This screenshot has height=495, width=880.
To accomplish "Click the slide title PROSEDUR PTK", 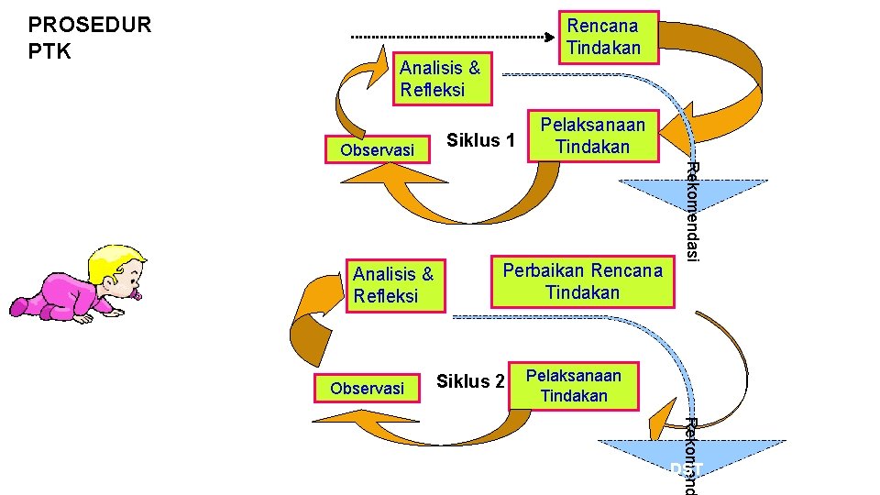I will [89, 36].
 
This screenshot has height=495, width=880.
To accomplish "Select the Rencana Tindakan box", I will [603, 37].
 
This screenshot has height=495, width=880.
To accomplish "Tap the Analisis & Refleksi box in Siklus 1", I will [440, 79].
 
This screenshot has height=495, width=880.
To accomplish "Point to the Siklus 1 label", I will [480, 140].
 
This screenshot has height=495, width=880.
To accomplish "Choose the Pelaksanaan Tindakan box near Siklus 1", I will [592, 136].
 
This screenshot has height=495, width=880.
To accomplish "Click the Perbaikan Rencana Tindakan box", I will [582, 281].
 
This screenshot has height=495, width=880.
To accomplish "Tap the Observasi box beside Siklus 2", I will [367, 388].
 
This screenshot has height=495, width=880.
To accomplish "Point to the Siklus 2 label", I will [470, 381].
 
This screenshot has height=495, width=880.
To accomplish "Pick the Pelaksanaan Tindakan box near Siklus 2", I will [573, 385].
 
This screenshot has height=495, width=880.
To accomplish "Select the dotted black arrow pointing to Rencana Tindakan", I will [454, 38].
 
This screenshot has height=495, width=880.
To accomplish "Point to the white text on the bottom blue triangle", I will [685, 469].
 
